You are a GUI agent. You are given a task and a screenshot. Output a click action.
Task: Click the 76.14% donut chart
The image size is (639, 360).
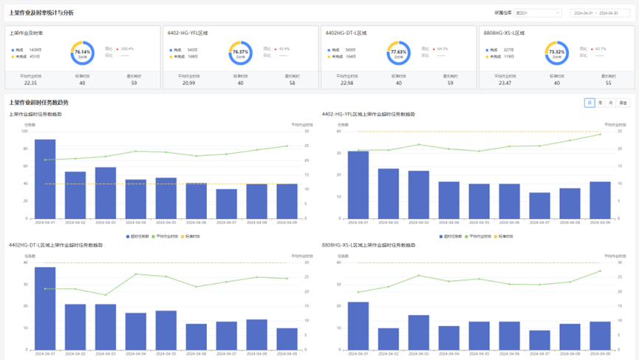click(83, 52)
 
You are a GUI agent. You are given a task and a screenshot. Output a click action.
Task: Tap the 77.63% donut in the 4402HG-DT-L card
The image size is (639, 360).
click(398, 52)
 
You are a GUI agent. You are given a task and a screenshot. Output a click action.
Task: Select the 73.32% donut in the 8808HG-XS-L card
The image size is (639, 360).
click(556, 52)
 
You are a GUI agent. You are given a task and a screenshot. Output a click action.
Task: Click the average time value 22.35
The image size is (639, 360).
click(30, 83)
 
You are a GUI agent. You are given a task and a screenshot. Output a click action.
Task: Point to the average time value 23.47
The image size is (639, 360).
click(505, 83)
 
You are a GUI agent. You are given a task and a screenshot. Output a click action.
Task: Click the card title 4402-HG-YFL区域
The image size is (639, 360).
click(188, 33)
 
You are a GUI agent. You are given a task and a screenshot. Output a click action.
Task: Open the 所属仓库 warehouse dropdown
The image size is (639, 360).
click(537, 13)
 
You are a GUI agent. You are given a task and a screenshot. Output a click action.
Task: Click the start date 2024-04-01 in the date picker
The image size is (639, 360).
click(584, 13)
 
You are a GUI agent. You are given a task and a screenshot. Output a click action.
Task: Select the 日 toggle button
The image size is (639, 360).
click(590, 103)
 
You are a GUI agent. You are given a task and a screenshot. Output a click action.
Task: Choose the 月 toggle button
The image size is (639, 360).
click(611, 103)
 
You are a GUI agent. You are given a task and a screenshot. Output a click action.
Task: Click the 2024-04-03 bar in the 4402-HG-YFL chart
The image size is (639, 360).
click(419, 194)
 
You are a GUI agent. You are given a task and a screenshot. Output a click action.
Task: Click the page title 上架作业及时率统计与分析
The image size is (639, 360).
click(41, 13)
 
